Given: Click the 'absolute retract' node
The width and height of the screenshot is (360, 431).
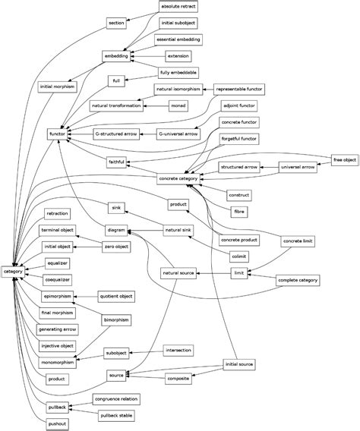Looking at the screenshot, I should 178,6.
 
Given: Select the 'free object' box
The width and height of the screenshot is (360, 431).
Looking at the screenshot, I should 345,159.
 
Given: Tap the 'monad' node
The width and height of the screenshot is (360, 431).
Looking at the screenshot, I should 178,105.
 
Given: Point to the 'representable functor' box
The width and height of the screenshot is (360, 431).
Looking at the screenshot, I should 238,90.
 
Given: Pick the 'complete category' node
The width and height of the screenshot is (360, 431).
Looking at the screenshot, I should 298,280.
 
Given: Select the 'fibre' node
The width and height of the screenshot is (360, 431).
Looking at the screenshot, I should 238,210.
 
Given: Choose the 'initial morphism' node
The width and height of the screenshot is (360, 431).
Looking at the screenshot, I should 58,87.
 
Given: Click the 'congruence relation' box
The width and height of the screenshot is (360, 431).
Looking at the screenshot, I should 116,398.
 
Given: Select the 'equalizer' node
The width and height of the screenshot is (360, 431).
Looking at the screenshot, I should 58,263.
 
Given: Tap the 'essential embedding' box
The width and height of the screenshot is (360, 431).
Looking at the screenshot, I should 178,39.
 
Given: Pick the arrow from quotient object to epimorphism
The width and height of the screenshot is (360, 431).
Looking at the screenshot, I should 85,295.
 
